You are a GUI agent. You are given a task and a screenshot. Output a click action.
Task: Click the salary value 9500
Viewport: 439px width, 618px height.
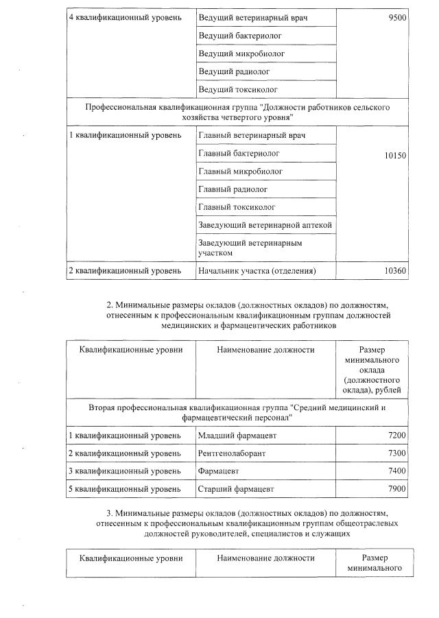coord(396,17)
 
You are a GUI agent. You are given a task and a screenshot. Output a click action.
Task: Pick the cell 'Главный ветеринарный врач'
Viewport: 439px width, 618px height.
coord(248,135)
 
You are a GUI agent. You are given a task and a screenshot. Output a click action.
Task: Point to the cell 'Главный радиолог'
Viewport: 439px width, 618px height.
coord(233,189)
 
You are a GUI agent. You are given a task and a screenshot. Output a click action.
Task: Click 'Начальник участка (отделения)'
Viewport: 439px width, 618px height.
coord(257,271)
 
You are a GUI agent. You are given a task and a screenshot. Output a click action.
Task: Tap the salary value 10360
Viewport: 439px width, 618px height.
coord(395,271)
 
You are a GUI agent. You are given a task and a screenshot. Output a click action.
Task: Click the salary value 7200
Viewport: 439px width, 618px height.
coord(397,436)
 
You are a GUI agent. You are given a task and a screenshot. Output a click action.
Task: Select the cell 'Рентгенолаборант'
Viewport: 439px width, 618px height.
coord(232,453)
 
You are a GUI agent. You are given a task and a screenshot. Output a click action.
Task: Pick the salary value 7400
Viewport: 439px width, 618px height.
coord(397,471)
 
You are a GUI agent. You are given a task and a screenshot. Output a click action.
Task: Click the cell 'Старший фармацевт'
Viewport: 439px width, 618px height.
coord(235,489)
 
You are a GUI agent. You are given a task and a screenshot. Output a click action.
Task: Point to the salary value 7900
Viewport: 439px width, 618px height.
coord(397,489)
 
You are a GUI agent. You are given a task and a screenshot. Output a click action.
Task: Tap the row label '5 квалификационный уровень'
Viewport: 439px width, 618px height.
coord(125,489)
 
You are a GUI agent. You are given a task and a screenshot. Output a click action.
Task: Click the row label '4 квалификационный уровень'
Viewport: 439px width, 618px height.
coord(125,17)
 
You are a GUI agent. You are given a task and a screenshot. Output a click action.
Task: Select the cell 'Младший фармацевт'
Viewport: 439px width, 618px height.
coord(235,436)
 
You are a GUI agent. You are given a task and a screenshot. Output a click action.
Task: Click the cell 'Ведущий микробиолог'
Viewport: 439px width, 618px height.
coord(241,54)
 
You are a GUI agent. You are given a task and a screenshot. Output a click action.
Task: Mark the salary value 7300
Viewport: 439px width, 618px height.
coord(397,453)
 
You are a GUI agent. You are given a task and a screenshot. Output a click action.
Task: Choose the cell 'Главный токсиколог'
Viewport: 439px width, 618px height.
coord(237,207)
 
